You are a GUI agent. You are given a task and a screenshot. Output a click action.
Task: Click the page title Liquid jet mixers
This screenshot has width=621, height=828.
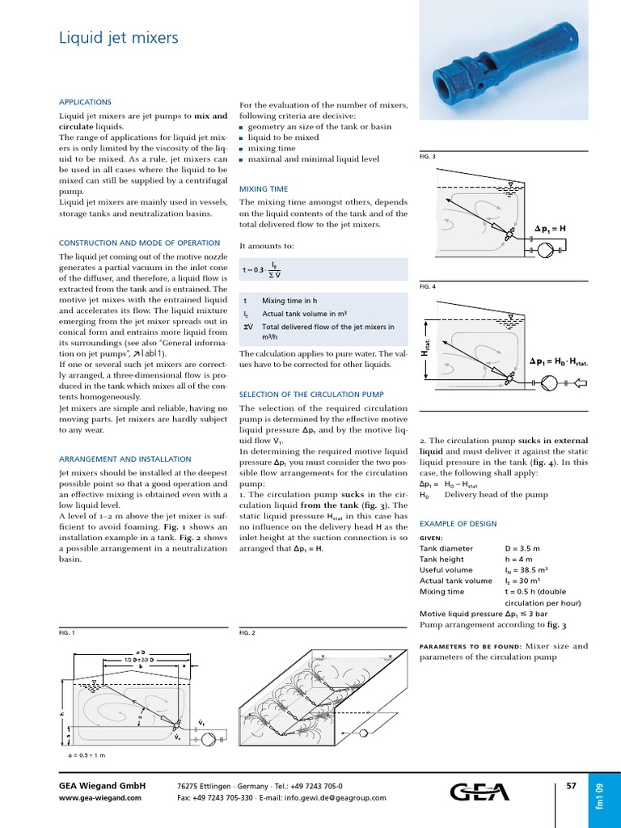tap(119, 38)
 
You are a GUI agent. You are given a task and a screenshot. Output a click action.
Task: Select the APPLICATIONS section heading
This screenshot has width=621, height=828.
tap(85, 102)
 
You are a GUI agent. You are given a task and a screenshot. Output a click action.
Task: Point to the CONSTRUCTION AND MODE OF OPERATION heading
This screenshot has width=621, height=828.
tap(139, 243)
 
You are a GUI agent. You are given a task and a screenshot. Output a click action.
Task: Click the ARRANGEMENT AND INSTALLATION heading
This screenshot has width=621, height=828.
tap(125, 458)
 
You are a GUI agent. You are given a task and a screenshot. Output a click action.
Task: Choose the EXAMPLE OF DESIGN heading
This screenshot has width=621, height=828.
tap(458, 524)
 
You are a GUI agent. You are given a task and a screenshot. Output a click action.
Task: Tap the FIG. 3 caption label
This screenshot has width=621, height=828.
tap(428, 156)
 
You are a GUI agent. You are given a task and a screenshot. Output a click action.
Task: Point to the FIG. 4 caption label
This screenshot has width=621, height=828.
tap(428, 286)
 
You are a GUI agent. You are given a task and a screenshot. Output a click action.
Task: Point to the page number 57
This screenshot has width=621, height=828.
tap(571, 785)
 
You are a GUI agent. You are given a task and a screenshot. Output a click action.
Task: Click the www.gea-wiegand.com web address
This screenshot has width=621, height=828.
tap(100, 797)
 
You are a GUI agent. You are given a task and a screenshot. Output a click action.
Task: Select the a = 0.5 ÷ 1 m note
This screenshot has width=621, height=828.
tap(87, 754)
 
